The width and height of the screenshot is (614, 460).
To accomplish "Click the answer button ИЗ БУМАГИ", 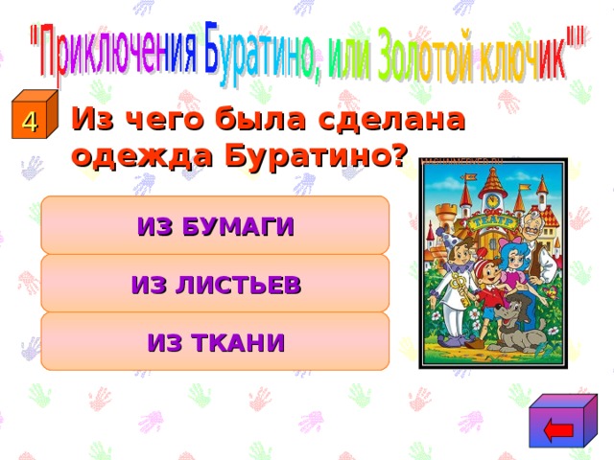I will click(215, 226).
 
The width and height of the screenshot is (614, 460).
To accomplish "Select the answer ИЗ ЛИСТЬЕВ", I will click(215, 284).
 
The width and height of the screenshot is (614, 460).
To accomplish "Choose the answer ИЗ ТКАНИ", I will click(215, 341).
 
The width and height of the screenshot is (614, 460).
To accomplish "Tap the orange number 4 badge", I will click(30, 122).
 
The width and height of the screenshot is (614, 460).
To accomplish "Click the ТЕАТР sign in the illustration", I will click(492, 221).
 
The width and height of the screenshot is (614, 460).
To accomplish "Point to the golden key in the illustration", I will click(461, 287).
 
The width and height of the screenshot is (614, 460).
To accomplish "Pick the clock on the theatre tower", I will click(492, 200).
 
